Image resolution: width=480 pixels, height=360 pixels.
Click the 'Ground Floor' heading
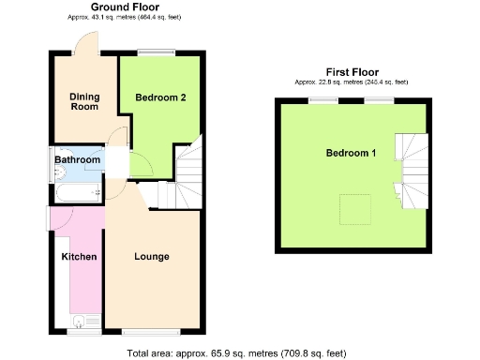coord(125,7)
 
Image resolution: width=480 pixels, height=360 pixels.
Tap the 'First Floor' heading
coord(352,72)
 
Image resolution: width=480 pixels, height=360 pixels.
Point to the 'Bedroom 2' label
coord(160,97)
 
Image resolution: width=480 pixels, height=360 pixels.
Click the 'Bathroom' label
coord(77,160)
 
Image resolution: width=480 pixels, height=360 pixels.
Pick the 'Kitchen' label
coord(79,256)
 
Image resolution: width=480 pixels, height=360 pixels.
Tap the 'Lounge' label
coord(151,256)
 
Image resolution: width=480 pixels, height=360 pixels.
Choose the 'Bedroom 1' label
coord(352,153)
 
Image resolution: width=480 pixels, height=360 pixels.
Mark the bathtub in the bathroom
coord(78,193)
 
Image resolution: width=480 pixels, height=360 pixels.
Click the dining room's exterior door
coord(84,45)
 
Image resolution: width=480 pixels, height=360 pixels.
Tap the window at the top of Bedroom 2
coord(157,55)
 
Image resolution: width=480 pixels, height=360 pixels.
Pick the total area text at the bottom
coord(236,353)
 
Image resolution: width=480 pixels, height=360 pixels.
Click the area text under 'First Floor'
coord(352,82)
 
